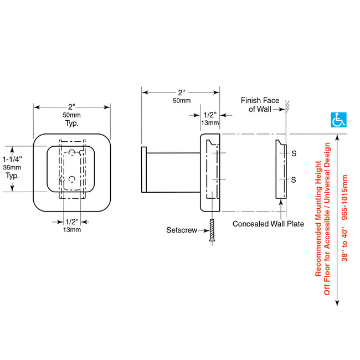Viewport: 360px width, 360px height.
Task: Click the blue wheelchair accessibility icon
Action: coord(338,120)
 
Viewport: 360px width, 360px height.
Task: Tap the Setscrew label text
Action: coord(182,230)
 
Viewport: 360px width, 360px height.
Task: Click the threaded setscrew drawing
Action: coord(212,230)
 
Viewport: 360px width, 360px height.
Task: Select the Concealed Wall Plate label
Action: coord(268,224)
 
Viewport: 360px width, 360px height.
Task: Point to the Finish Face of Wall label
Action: coord(260,105)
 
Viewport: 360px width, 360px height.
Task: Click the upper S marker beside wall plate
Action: coord(294,153)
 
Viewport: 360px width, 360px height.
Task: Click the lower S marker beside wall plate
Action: coord(294,180)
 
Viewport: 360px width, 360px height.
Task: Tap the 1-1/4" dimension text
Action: coord(12,159)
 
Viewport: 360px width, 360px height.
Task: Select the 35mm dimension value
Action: coord(12,167)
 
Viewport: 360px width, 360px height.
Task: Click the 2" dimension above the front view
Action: coord(71,107)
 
